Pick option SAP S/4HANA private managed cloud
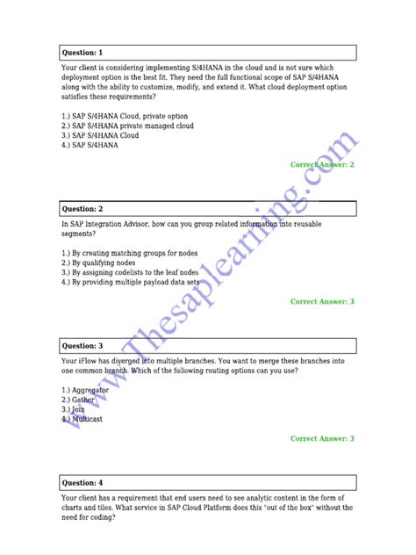[128, 126]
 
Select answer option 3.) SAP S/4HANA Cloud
[100, 135]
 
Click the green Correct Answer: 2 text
[322, 164]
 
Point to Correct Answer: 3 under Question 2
[322, 301]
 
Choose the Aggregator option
[85, 389]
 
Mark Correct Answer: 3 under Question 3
[322, 438]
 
